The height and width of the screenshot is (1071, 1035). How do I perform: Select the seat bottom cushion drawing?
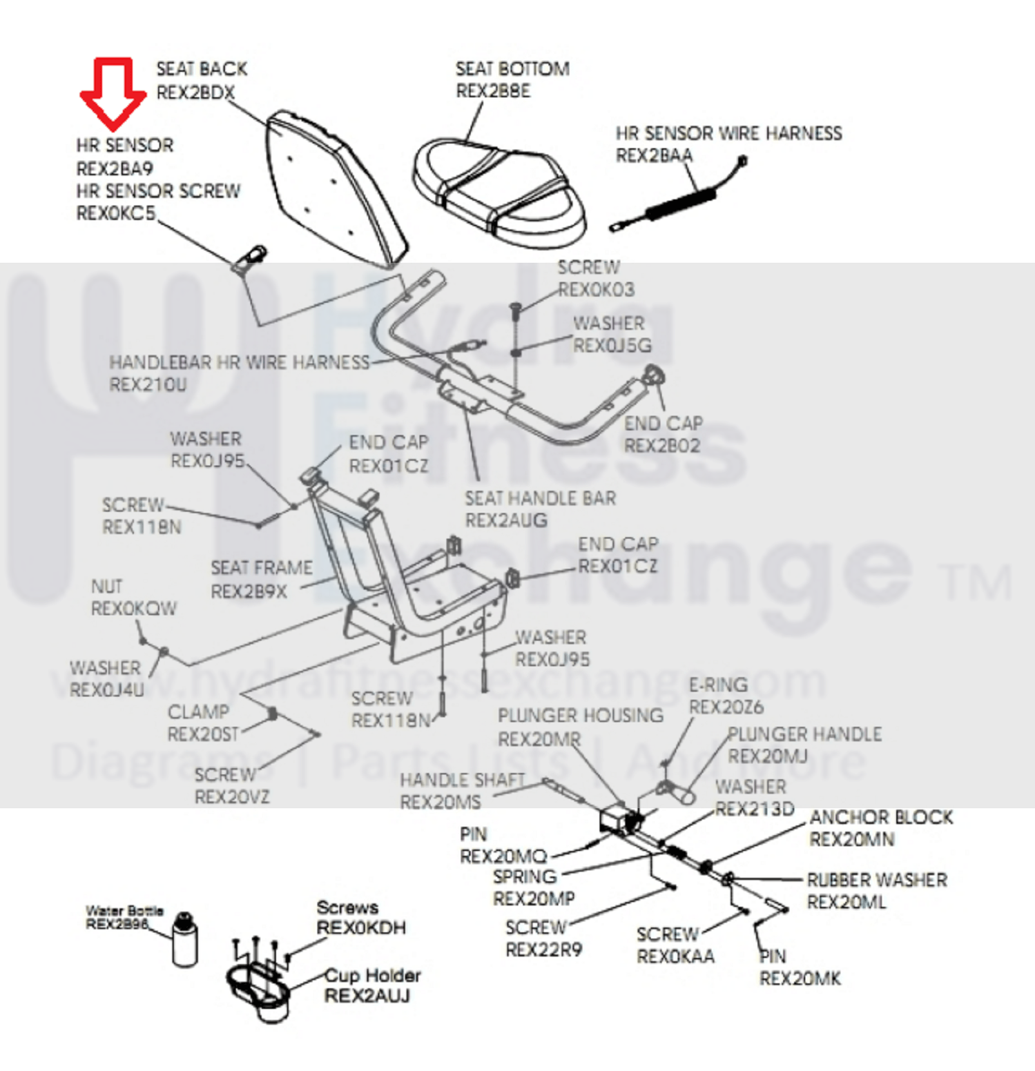click(499, 190)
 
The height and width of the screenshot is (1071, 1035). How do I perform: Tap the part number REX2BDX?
click(195, 92)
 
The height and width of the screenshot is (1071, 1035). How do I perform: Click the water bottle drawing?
click(184, 940)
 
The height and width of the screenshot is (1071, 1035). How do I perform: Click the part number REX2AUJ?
click(367, 996)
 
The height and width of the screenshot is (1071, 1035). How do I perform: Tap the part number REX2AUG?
click(506, 520)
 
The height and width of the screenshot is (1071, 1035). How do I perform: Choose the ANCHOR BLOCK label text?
click(881, 817)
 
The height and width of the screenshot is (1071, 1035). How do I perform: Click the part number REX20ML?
click(847, 902)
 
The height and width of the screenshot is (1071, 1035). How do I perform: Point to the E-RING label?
click(718, 685)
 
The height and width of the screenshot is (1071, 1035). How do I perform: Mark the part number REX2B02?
click(662, 446)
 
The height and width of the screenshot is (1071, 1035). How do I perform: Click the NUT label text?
click(106, 587)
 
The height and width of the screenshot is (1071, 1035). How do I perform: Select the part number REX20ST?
click(203, 734)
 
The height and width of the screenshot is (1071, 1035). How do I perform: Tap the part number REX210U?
click(148, 384)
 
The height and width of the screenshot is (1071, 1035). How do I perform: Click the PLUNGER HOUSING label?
click(580, 716)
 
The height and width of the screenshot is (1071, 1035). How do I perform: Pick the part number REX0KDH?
click(361, 928)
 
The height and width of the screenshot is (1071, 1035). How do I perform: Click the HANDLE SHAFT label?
click(463, 780)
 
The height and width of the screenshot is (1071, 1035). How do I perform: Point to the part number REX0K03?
click(596, 290)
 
